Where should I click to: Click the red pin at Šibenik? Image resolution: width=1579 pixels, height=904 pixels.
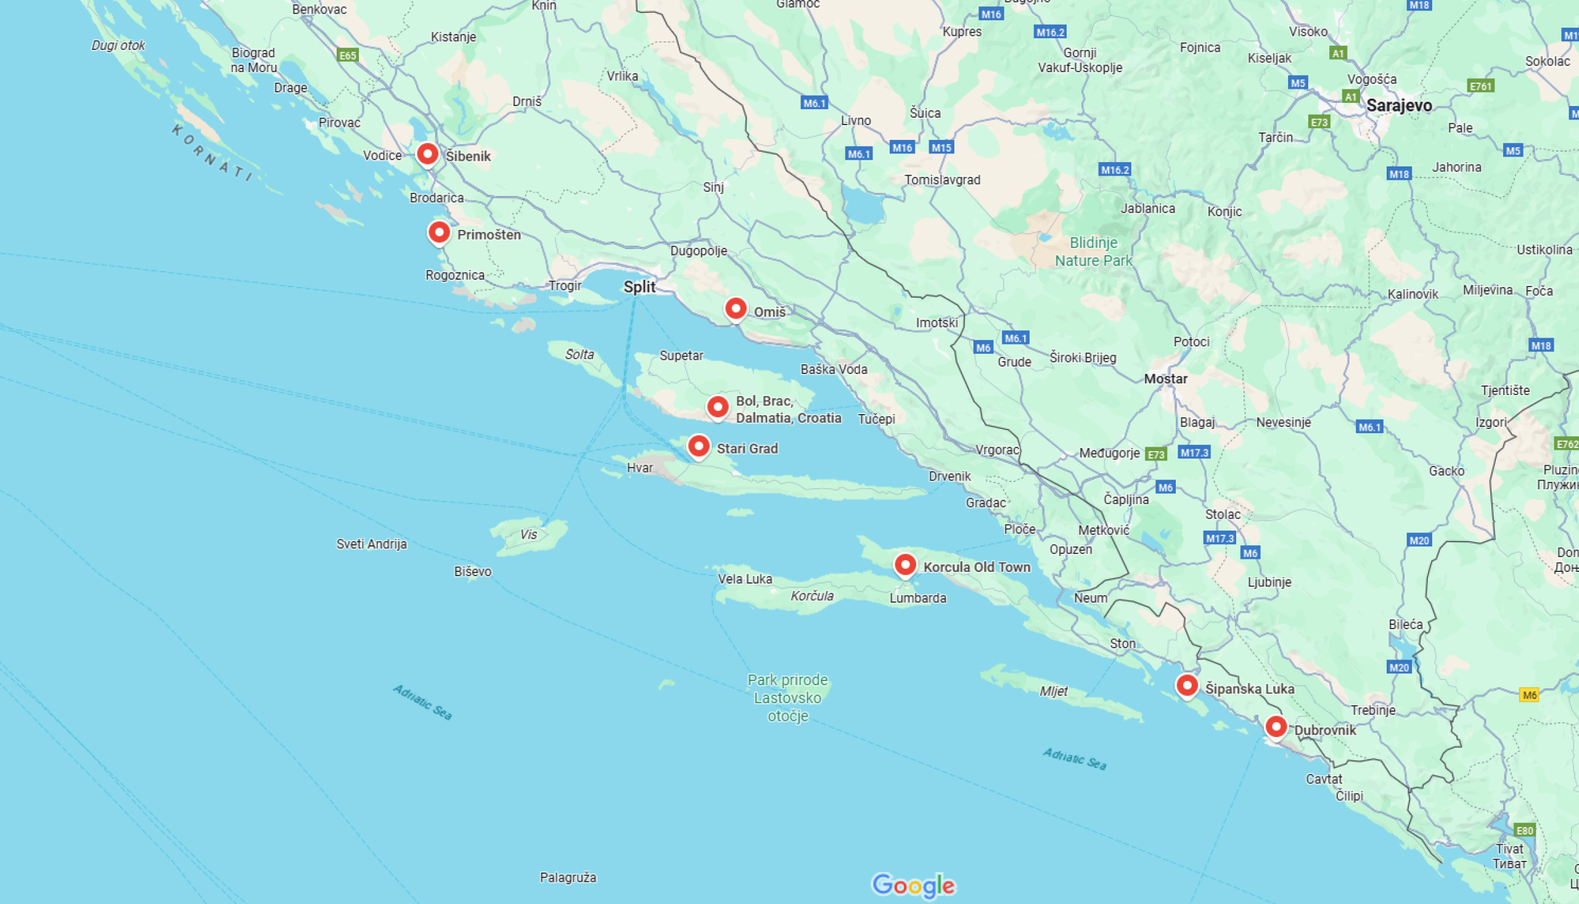[x=427, y=154]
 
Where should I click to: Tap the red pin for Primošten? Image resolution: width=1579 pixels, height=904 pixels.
[x=439, y=233]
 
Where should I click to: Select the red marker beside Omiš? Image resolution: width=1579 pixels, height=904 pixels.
[x=736, y=309]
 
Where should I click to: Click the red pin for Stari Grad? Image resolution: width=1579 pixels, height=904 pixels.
[x=699, y=446]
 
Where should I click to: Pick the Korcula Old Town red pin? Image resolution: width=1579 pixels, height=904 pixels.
[x=905, y=565]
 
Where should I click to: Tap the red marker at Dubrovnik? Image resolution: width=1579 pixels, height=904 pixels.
[x=1276, y=727]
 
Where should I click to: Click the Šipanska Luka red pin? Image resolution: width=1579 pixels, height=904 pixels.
[x=1187, y=686]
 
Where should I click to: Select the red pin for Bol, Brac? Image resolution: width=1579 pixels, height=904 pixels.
[x=718, y=407]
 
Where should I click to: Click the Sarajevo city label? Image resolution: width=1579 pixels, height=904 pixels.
[x=1399, y=105]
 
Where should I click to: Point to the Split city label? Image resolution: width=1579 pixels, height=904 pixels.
[x=639, y=287]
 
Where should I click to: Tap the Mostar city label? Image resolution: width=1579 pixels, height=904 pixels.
[x=1165, y=379]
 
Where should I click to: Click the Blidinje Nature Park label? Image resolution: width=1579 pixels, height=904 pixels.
[x=1093, y=251]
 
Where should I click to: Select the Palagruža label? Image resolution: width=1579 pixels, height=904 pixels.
[x=568, y=878]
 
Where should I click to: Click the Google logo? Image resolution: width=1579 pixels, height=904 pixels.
[x=913, y=886]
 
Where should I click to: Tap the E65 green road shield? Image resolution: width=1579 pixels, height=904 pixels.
[x=348, y=55]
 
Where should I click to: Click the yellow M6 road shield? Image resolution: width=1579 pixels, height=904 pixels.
[x=1528, y=694]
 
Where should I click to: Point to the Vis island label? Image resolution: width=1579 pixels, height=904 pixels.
[x=528, y=535]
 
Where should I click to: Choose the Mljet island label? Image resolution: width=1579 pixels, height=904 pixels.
[x=1054, y=691]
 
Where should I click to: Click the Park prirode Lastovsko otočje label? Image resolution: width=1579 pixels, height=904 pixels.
[x=787, y=698]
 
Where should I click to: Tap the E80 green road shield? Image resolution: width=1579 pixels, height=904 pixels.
[x=1524, y=830]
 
